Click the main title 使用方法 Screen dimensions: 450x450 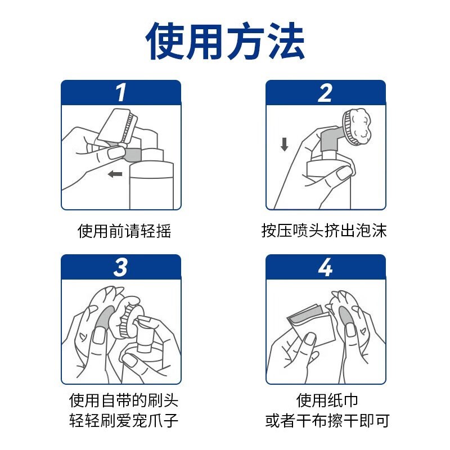pos(225,42)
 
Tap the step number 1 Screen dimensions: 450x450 pos(120,93)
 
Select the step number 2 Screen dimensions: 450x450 pos(325,93)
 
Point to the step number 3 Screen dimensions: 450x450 pos(120,267)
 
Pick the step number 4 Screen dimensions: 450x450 pos(325,267)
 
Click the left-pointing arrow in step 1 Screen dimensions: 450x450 pos(115,174)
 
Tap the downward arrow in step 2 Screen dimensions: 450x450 pos(285,144)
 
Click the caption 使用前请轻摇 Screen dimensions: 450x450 pos(124,231)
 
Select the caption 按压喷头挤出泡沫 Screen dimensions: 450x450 pos(325,231)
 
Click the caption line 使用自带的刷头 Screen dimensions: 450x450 pos(124,400)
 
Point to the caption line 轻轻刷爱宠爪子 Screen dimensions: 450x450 pos(124,421)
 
